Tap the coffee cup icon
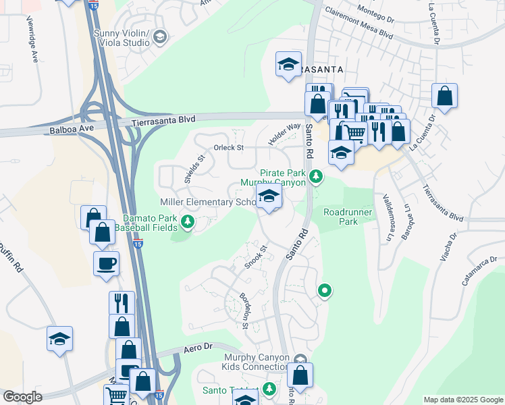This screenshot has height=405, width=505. [107, 263]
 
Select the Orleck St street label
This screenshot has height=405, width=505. [228, 147]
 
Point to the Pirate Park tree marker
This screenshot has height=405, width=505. [315, 177]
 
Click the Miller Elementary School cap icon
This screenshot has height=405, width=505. [269, 198]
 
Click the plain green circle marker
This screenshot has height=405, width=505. [325, 291]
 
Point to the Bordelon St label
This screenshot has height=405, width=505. [244, 311]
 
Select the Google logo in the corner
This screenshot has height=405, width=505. [22, 397]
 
